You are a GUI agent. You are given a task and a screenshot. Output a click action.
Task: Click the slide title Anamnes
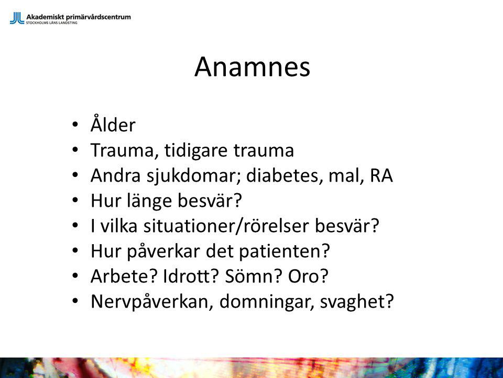(252, 67)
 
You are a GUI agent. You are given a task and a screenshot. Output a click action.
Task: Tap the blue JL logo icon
(17, 18)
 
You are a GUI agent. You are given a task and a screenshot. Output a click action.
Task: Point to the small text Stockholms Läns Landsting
(52, 23)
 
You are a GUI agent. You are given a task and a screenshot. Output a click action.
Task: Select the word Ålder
(113, 124)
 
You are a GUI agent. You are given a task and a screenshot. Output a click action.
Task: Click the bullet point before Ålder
(75, 124)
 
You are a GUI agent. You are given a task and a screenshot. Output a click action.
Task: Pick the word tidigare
(196, 150)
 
